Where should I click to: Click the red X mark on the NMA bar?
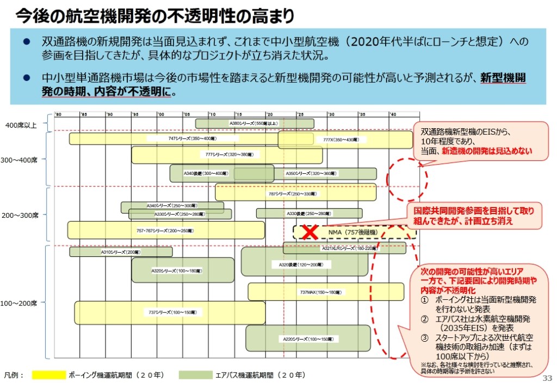(x=310, y=232)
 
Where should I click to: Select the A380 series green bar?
(x=254, y=123)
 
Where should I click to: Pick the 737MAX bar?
(x=325, y=292)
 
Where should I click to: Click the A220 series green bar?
(x=307, y=338)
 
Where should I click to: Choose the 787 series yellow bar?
(x=295, y=193)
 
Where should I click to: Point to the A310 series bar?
(x=120, y=252)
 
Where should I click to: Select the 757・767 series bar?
(x=165, y=230)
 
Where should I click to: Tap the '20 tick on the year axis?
(x=269, y=114)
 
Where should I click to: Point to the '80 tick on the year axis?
(x=58, y=114)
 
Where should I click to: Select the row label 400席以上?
(x=21, y=125)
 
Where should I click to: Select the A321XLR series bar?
(x=345, y=248)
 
